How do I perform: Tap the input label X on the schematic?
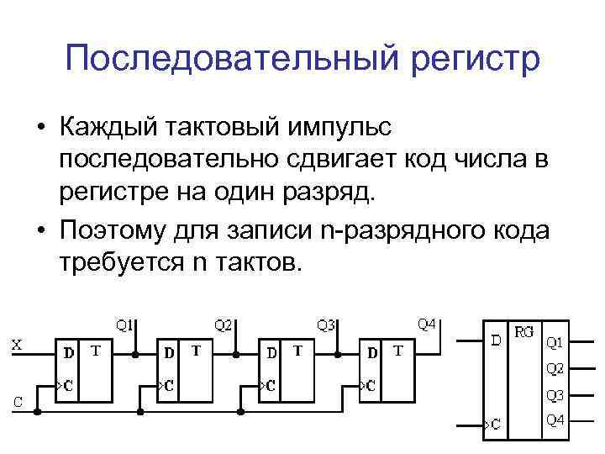tap(17, 343)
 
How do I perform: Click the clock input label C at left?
tap(18, 401)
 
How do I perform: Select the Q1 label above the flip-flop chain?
tap(124, 324)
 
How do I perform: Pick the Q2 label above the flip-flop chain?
tap(224, 324)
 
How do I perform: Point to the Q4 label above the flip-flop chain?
tap(427, 324)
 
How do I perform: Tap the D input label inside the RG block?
tap(497, 340)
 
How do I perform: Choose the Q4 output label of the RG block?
tap(555, 420)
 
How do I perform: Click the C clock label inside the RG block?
tap(496, 425)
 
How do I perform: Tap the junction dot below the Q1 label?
tap(134, 354)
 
